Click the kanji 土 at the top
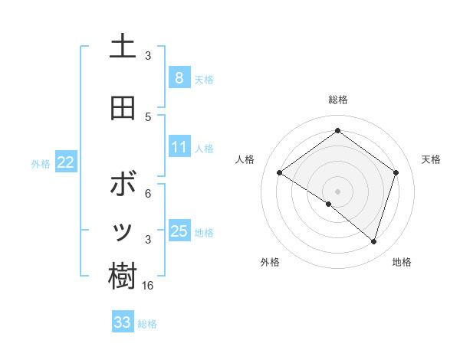pyautogui.click(x=123, y=47)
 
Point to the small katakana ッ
pyautogui.click(x=123, y=232)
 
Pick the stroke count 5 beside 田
pyautogui.click(x=148, y=116)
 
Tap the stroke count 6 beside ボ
pyautogui.click(x=148, y=194)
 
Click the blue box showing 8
pyautogui.click(x=179, y=77)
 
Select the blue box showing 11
pyautogui.click(x=179, y=147)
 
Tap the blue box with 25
pyautogui.click(x=179, y=231)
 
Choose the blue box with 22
pyautogui.click(x=66, y=162)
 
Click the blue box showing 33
pyautogui.click(x=122, y=322)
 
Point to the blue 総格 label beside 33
pyautogui.click(x=147, y=324)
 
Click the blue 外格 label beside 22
pyautogui.click(x=41, y=163)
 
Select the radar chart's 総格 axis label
pyautogui.click(x=337, y=100)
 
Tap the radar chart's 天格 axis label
pyautogui.click(x=431, y=159)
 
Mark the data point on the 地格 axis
pyautogui.click(x=373, y=241)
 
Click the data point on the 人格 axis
pyautogui.click(x=280, y=173)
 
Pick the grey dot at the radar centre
pyautogui.click(x=337, y=191)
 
